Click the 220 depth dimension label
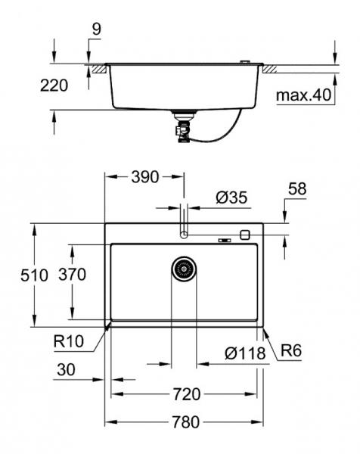(x=54, y=86)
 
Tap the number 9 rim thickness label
(x=96, y=30)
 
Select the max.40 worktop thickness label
(x=303, y=96)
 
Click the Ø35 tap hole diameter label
(x=231, y=197)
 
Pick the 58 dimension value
(x=297, y=189)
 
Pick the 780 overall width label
(x=185, y=423)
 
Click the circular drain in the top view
(x=184, y=269)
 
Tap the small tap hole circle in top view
(x=184, y=235)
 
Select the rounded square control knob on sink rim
(x=244, y=235)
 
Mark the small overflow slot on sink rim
(x=224, y=241)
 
